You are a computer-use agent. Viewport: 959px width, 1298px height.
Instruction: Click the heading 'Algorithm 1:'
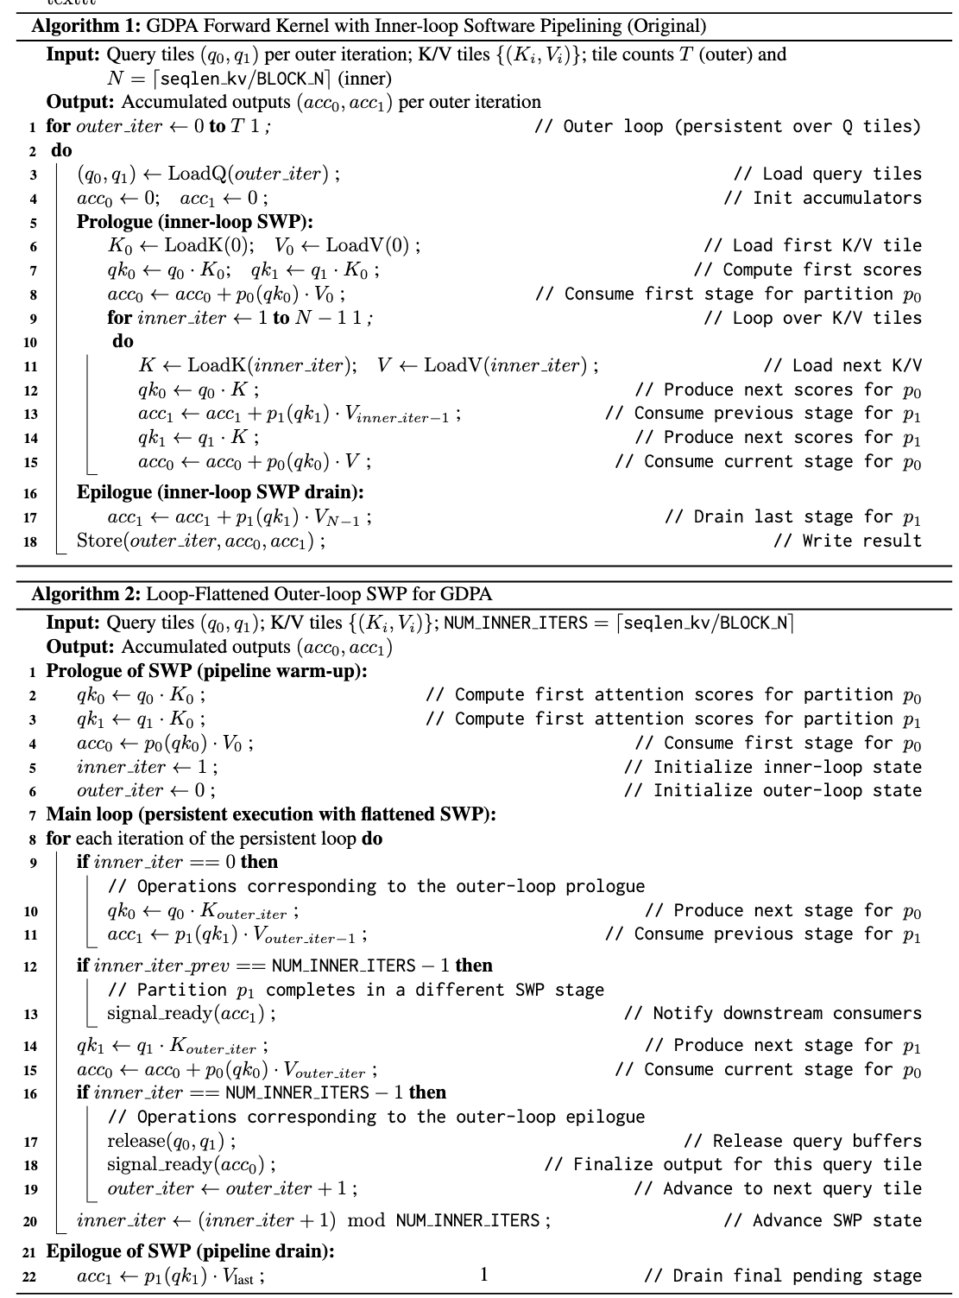(86, 26)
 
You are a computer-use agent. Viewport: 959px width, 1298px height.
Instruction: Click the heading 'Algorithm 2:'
(86, 594)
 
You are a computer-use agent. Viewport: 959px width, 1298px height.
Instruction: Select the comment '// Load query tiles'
(827, 174)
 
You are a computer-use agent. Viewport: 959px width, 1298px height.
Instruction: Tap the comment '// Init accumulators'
(822, 198)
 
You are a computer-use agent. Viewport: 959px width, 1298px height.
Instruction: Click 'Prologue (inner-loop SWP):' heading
(194, 221)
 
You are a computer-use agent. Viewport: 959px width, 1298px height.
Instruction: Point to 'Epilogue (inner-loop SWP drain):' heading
(220, 492)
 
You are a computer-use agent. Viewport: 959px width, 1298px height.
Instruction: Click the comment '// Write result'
(848, 541)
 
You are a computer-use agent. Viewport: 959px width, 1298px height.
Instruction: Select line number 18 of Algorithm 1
(31, 542)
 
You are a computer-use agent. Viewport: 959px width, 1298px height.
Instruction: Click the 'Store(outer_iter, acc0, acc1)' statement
(200, 541)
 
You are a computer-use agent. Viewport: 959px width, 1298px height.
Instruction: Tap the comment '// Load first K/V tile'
(812, 245)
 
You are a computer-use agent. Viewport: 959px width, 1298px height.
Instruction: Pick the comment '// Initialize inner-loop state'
(773, 767)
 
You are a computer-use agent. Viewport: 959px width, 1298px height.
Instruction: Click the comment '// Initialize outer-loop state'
(773, 790)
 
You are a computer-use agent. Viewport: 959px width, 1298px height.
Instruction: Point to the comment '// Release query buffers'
(803, 1141)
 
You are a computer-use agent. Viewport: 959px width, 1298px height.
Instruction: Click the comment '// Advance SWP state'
(823, 1220)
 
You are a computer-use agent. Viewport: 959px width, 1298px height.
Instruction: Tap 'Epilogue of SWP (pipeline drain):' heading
(190, 1251)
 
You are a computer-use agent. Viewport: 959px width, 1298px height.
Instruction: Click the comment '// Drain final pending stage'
(782, 1276)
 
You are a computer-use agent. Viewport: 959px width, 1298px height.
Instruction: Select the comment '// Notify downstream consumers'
(773, 1013)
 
